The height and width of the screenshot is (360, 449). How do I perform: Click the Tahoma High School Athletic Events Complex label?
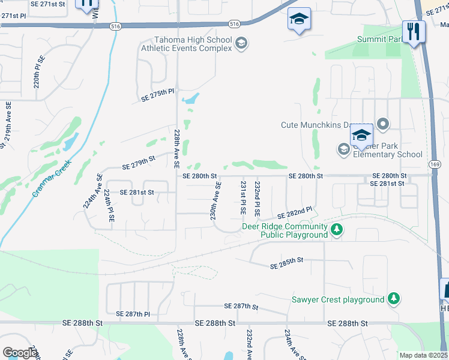pos(186,44)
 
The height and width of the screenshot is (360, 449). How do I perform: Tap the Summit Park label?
pos(379,39)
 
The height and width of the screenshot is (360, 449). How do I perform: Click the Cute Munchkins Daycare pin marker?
pos(383,125)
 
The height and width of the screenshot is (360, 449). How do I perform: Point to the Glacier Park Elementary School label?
pos(388,149)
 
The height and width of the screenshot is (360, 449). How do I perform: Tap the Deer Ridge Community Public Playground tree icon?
pos(337,229)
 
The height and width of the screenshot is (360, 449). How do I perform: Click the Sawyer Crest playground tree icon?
pos(393,299)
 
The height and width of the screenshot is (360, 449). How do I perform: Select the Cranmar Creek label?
pos(52,178)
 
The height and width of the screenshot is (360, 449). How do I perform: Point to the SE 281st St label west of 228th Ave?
pos(137,193)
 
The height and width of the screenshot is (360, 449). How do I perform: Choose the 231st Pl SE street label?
pos(243,199)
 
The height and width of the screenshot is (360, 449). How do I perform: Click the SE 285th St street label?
pos(287,263)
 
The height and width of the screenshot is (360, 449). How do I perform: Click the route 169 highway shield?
pos(436,164)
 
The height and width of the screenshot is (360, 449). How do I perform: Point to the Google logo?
pos(20,353)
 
